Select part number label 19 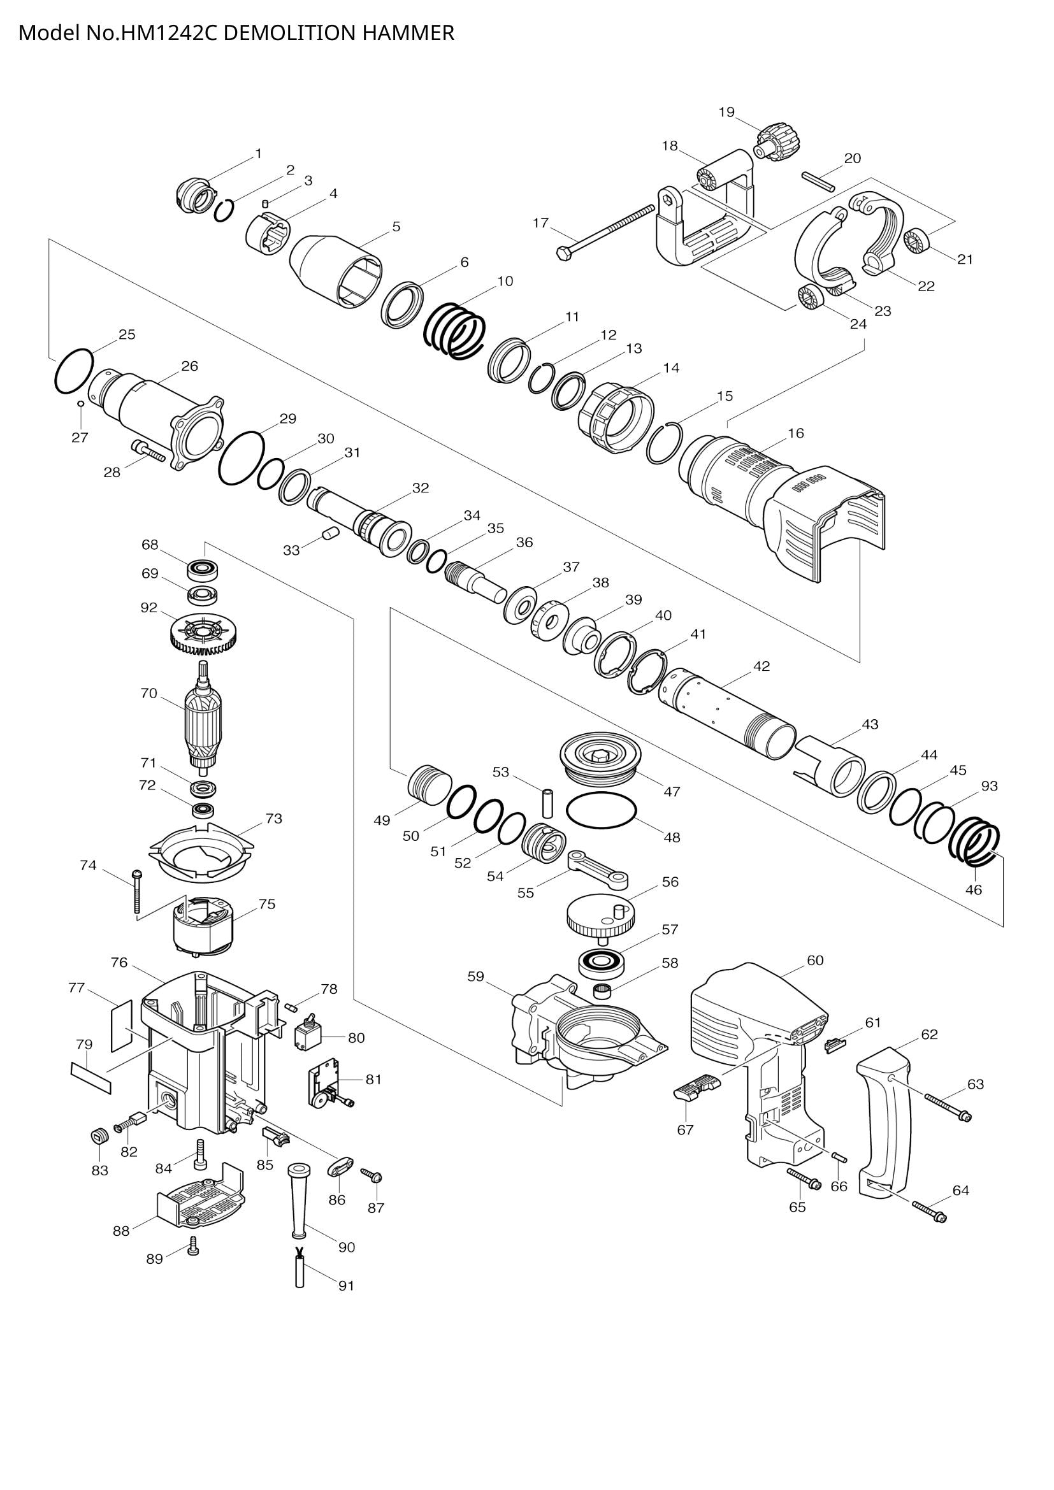point(726,112)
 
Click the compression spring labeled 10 point(455,331)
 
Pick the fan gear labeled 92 point(203,634)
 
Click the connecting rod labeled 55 point(598,869)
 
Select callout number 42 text point(762,666)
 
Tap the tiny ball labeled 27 point(80,404)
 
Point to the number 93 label point(989,786)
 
